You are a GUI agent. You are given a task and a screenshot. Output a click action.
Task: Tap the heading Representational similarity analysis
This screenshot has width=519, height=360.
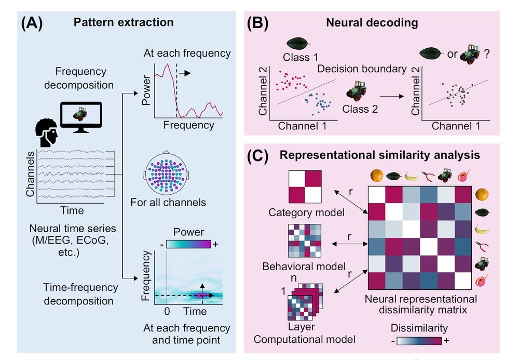[x=379, y=155]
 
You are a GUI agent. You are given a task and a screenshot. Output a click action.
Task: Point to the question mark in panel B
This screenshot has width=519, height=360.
[x=487, y=53]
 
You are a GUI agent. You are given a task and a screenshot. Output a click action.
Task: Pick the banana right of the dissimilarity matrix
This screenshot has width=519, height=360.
[x=482, y=230]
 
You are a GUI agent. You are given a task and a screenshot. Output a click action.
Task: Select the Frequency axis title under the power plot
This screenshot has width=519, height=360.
[x=188, y=125]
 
